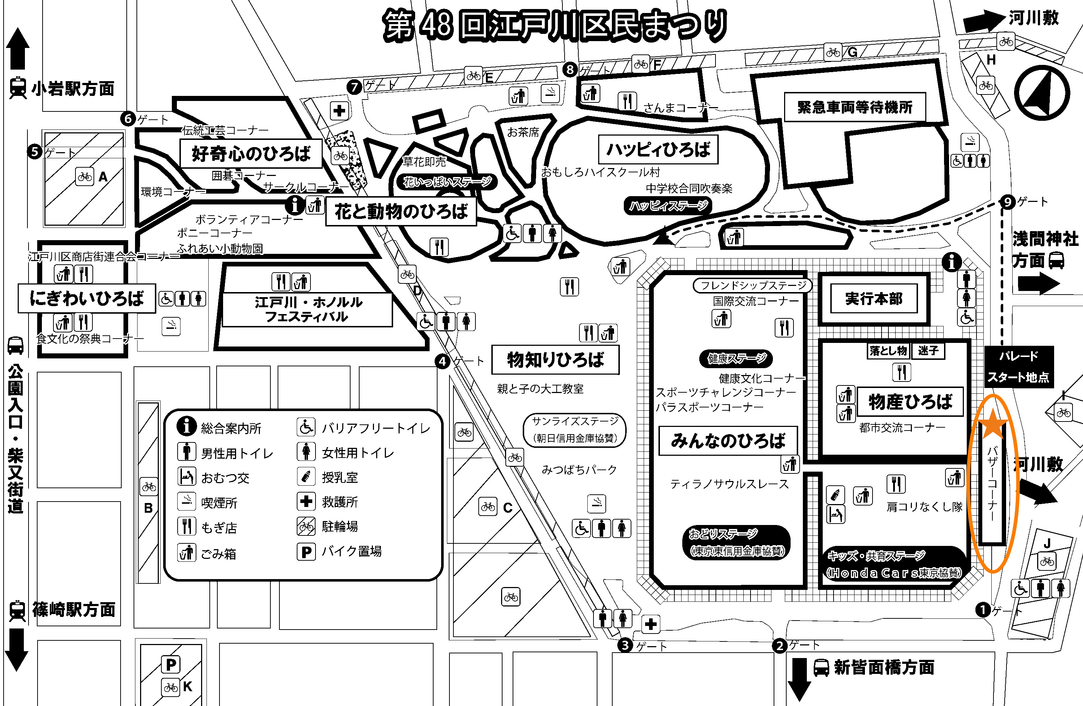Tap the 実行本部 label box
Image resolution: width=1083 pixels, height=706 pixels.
(x=873, y=299)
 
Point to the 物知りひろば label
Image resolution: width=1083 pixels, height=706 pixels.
(x=555, y=359)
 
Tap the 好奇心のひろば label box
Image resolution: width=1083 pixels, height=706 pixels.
(x=251, y=154)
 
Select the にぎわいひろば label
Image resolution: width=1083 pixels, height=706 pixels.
(x=86, y=298)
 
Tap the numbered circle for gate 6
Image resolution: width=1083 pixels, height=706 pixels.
(x=128, y=119)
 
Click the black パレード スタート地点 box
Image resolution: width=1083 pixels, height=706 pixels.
(x=1018, y=366)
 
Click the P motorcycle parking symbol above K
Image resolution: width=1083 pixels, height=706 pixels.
(x=171, y=665)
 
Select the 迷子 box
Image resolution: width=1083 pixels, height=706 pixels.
(x=928, y=350)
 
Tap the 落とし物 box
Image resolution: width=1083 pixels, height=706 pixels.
(x=888, y=350)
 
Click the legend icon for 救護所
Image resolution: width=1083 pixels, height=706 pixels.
(x=306, y=502)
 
